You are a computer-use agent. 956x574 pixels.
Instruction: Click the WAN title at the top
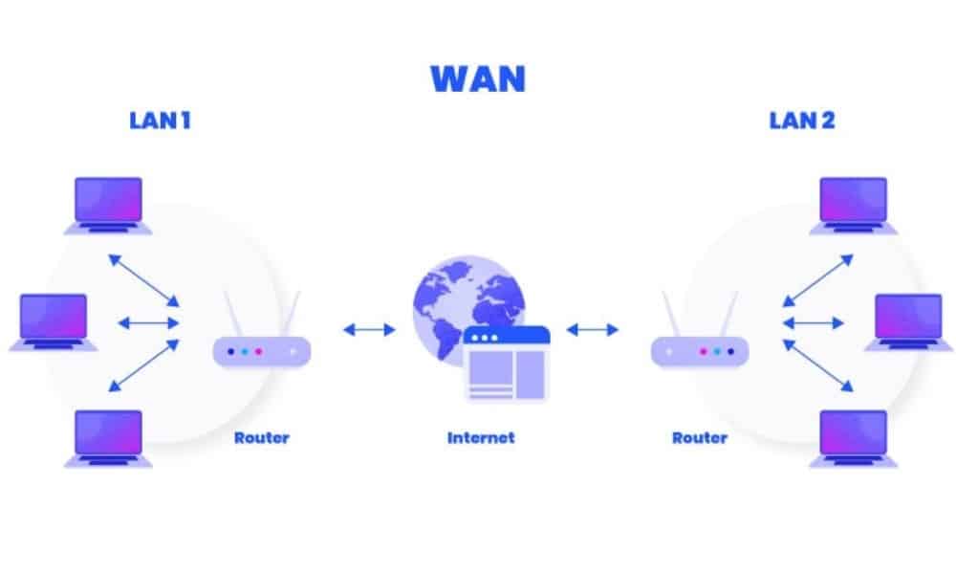[x=478, y=78]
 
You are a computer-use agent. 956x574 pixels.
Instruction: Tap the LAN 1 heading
[x=160, y=121]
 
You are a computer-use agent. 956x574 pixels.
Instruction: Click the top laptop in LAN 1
[x=108, y=204]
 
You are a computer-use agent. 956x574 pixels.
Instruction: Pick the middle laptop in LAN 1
[x=54, y=320]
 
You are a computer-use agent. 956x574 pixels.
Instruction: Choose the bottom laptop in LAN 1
[x=108, y=437]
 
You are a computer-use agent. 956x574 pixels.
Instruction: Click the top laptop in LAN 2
[x=854, y=204]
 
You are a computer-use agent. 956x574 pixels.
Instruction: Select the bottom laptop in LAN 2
[x=854, y=437]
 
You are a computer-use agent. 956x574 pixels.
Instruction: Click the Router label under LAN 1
[x=261, y=438]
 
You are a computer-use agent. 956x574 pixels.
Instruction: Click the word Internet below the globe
[x=481, y=438]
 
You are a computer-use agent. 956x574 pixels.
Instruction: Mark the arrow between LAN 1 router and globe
[x=369, y=330]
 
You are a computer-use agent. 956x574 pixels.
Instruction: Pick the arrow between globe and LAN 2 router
[x=592, y=330]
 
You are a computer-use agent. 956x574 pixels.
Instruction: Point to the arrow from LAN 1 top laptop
[x=143, y=278]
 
